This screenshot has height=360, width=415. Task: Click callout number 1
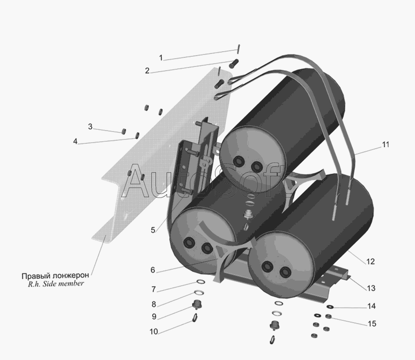pos(160,58)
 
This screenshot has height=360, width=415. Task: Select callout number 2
pos(147,71)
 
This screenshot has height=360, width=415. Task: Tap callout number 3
pos(90,126)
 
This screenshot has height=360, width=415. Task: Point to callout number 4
pos(75,141)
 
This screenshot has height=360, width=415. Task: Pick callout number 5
pos(153,230)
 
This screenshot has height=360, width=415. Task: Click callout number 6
pos(153,270)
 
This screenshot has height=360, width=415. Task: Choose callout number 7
pos(154,289)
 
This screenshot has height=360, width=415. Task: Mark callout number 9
pos(154,317)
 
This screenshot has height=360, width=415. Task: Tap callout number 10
pos(154,331)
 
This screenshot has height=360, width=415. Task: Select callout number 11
pos(385,144)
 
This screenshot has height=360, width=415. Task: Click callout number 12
pos(371,261)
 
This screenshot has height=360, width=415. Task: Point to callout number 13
pos(371,288)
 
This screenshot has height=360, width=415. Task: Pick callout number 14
pos(372,306)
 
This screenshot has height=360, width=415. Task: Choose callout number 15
pos(372,324)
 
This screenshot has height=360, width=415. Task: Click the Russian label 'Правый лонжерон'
pos(55,276)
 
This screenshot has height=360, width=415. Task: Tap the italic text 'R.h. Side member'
pos(56,284)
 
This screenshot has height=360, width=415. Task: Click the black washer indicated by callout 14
pos(330,307)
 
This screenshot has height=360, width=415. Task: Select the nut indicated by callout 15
pos(328,316)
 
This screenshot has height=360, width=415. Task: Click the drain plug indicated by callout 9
pos(196,305)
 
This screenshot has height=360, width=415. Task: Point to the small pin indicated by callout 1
pos(238,49)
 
